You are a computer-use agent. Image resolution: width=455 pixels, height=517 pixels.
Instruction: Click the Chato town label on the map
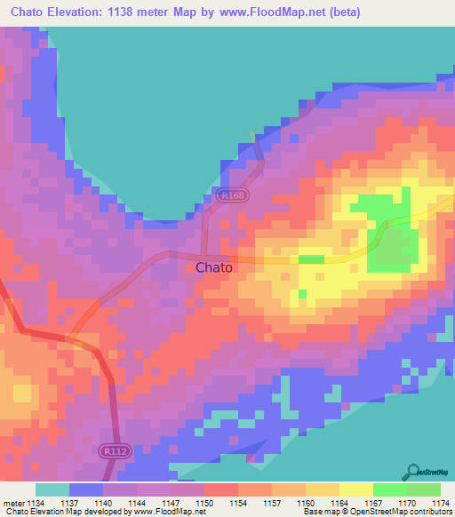(213, 267)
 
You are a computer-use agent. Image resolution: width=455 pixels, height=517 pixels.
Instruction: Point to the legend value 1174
(440, 503)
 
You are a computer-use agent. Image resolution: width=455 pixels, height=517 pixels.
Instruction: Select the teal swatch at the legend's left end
(52, 489)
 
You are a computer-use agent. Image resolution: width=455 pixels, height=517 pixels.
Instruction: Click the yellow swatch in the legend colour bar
(355, 489)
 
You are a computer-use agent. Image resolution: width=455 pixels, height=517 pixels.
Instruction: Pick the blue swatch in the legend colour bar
(85, 489)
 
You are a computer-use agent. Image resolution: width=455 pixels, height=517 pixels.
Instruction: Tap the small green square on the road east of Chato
(310, 259)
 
